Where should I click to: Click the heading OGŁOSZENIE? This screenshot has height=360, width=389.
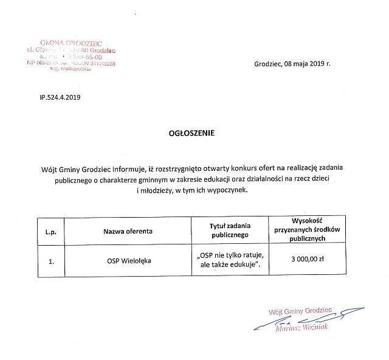click(191, 131)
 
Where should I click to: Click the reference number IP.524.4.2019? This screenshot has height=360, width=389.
click(60, 97)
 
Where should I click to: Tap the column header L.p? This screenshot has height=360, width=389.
click(50, 231)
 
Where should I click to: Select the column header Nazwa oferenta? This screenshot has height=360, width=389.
click(128, 231)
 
